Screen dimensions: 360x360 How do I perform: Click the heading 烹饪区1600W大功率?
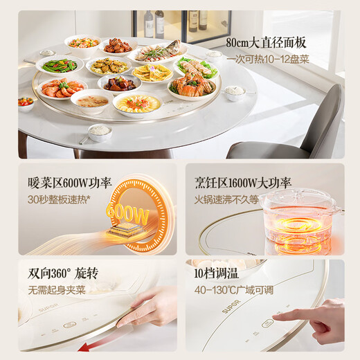click(241, 183)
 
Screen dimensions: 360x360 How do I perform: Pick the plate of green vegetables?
click(60, 65)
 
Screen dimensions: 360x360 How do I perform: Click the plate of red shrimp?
click(62, 89)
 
